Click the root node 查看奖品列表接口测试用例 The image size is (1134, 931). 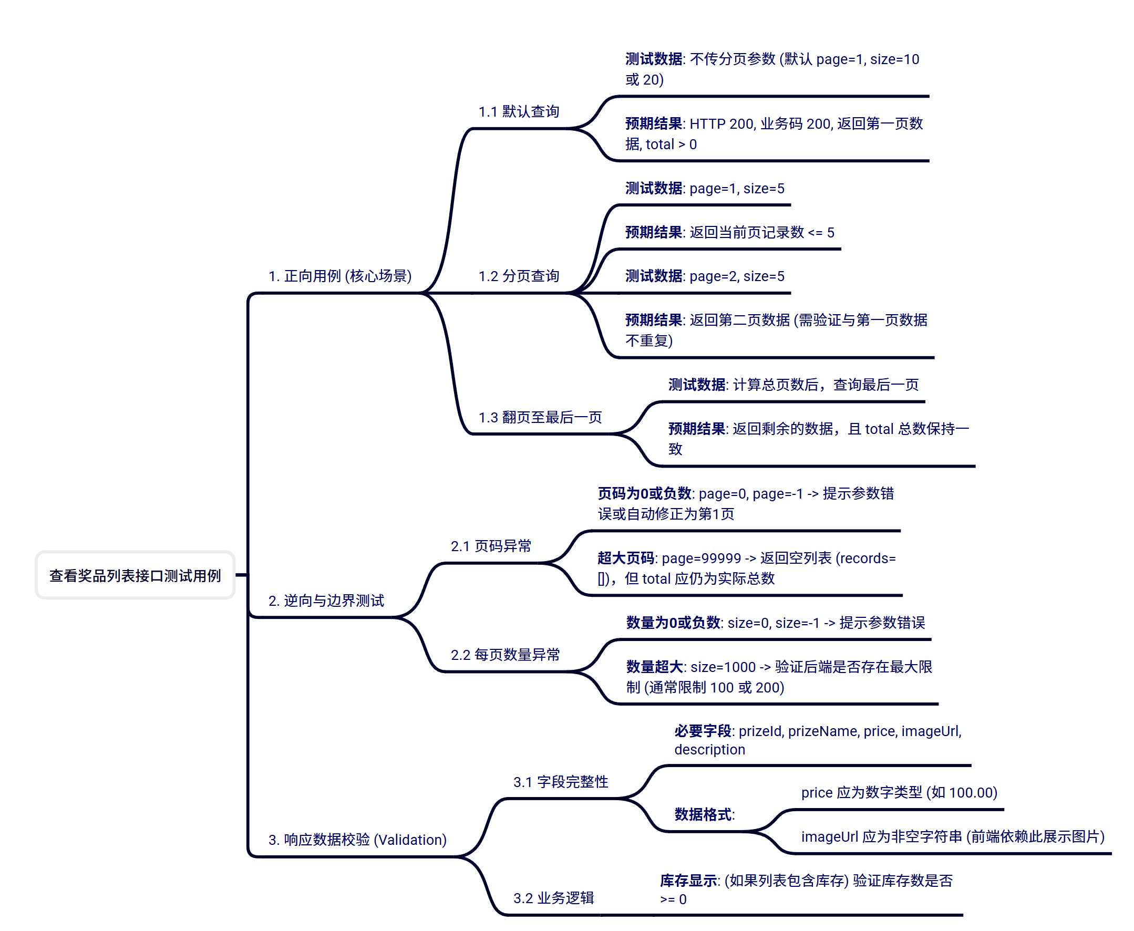tap(135, 575)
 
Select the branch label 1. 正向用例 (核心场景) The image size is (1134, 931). tap(339, 276)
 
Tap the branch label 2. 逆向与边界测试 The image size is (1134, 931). tap(326, 600)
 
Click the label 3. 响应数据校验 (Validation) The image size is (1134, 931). tap(357, 839)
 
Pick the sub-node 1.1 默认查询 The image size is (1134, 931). tap(519, 111)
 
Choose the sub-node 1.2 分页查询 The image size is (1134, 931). tap(519, 276)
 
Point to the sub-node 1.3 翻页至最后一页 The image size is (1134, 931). tap(540, 417)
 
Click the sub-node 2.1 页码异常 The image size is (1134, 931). tap(491, 546)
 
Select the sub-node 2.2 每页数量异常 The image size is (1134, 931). tap(506, 655)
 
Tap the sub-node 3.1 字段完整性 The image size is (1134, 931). tap(561, 782)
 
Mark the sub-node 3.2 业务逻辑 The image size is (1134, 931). tap(553, 898)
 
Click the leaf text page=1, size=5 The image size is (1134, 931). tap(737, 188)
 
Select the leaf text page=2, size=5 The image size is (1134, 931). tap(737, 276)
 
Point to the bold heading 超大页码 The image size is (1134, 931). tap(625, 558)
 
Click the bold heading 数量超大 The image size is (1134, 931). tap(654, 667)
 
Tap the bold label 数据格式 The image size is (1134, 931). tap(703, 814)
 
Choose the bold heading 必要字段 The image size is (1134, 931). tap(703, 731)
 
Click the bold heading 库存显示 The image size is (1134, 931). tap(689, 881)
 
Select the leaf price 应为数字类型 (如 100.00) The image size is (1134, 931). tap(899, 792)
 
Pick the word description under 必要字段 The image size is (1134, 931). tap(710, 749)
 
